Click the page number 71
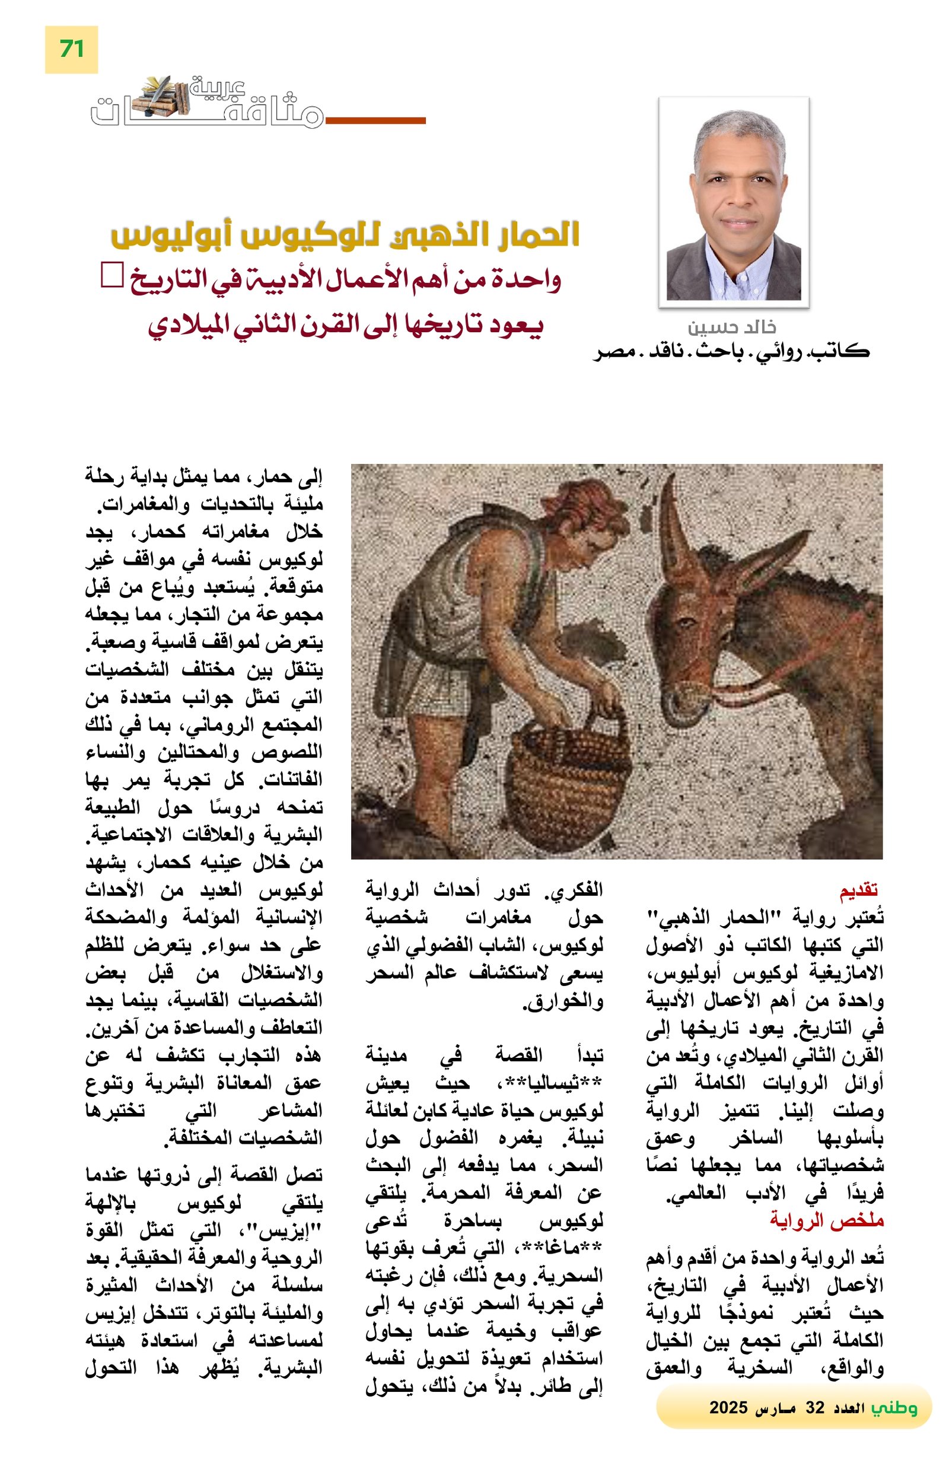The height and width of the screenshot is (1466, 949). coord(71,49)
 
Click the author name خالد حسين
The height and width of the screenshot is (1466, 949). coord(731,327)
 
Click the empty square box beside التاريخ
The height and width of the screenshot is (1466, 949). coord(112,275)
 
